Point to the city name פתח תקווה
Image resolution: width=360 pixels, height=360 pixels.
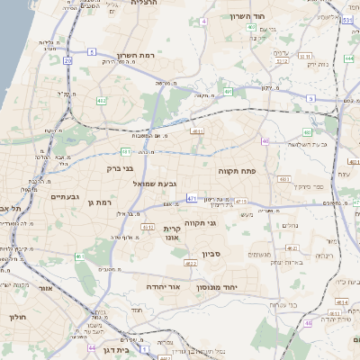coord(238,169)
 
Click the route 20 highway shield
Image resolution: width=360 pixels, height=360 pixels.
coord(67,60)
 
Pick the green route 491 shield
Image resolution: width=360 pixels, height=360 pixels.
coord(229,92)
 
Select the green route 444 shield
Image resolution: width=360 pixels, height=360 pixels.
coord(348,59)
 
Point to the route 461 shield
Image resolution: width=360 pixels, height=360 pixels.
coord(79,256)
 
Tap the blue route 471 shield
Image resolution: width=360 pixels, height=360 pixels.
coord(192,197)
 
